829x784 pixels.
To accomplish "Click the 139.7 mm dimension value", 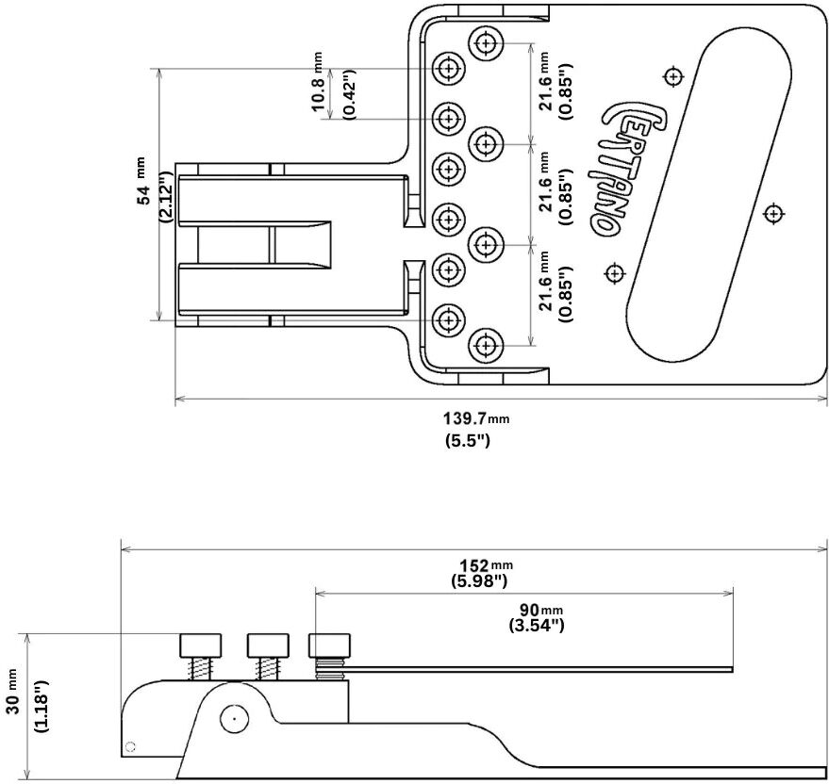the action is [476, 419].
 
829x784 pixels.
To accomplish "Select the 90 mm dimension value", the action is [540, 610].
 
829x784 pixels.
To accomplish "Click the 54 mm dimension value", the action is [142, 181].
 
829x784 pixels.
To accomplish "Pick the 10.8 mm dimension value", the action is [317, 82].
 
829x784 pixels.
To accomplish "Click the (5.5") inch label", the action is [468, 439].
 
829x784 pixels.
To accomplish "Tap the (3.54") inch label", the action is [537, 626].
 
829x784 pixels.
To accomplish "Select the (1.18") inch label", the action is [41, 704].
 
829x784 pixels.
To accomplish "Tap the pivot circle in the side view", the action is [234, 718].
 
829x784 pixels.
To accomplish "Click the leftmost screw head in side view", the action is [201, 645].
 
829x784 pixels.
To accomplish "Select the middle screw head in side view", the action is [268, 645].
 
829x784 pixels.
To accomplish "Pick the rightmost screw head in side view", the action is [329, 645].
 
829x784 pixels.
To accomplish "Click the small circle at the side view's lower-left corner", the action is [130, 746].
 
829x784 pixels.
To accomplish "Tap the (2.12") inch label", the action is [165, 196].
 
